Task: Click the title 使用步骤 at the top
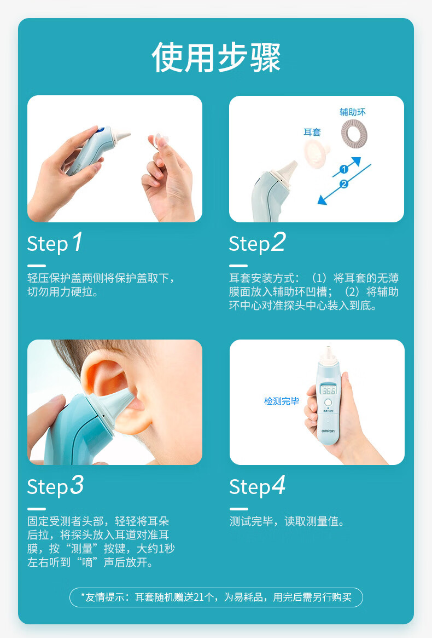[x=216, y=58]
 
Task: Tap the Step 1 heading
[x=55, y=243]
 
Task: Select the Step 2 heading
[x=257, y=243]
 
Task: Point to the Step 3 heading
[x=55, y=486]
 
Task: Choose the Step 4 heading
[x=257, y=486]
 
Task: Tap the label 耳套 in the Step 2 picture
[x=312, y=132]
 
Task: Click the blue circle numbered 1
[x=344, y=169]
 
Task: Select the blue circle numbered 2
[x=344, y=184]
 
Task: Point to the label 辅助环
[x=353, y=112]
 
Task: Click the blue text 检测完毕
[x=281, y=401]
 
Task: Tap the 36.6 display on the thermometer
[x=328, y=390]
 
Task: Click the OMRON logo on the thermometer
[x=328, y=431]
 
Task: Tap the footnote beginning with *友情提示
[x=216, y=597]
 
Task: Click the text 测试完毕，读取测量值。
[x=287, y=521]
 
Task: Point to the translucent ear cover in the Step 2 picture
[x=316, y=153]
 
